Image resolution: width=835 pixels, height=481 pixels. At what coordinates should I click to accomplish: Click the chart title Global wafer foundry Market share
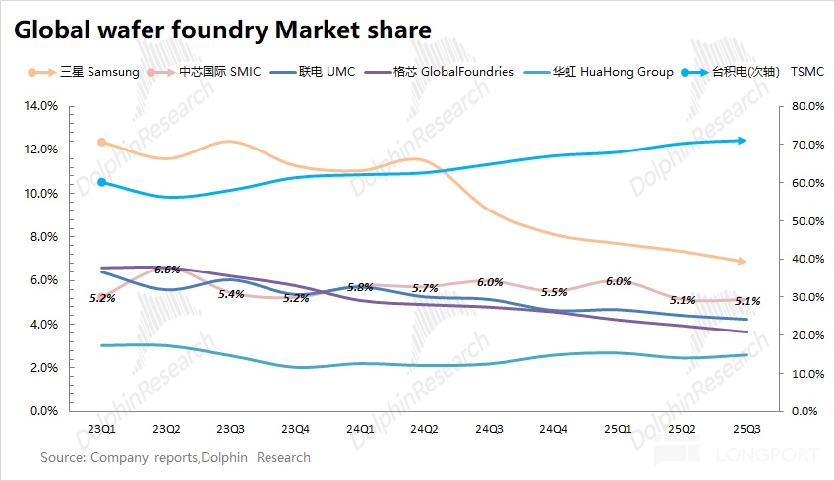(x=221, y=30)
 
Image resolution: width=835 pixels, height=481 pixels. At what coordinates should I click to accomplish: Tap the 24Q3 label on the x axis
(x=489, y=429)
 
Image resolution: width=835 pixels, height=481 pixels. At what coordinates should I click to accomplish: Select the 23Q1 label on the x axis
(x=100, y=429)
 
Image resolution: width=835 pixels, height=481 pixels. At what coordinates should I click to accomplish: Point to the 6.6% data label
(x=167, y=270)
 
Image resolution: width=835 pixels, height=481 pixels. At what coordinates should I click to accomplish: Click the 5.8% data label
(x=360, y=287)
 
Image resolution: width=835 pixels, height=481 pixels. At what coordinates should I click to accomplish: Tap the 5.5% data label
(x=554, y=292)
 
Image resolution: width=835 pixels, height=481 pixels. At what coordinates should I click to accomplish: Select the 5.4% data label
(x=231, y=294)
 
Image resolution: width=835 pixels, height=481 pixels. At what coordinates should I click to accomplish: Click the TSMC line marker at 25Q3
(x=742, y=140)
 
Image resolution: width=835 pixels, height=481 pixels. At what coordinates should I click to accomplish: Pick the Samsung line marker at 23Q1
(x=101, y=142)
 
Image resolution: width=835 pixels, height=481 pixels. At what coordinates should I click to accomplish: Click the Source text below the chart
(x=175, y=457)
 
